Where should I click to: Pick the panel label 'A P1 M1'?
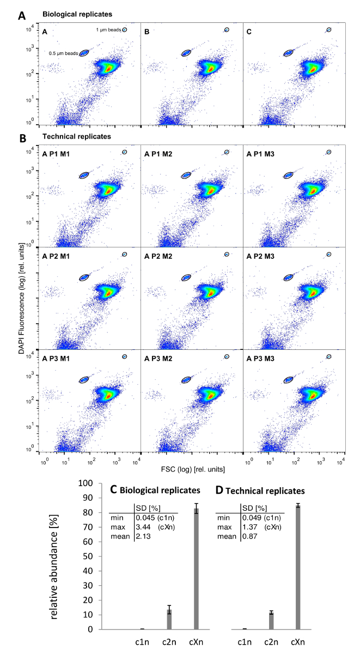click(60, 154)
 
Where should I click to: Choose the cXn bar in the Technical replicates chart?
click(298, 567)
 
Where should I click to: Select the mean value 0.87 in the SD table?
click(250, 537)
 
